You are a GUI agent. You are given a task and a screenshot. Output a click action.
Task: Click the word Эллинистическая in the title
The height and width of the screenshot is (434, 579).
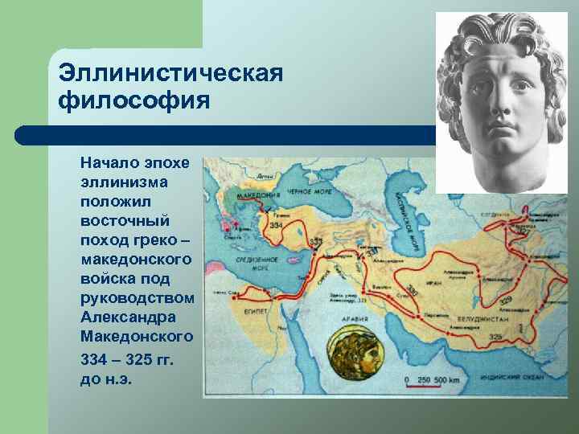coord(170,73)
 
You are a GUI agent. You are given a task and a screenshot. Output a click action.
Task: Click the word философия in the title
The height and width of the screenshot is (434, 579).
coord(133,102)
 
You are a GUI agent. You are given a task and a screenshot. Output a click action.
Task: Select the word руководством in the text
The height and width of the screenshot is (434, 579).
coord(138,297)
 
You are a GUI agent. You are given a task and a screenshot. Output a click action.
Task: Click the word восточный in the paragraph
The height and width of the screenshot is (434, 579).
coord(125,220)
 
